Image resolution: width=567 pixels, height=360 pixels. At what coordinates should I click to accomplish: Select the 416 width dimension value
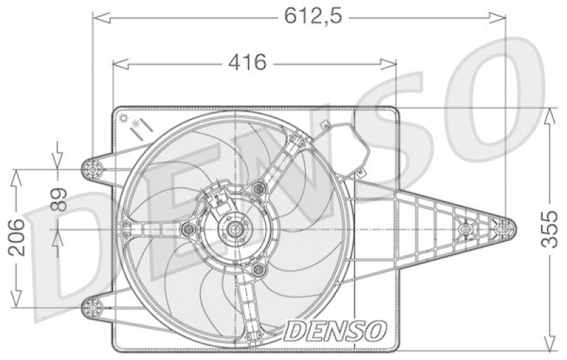(x=246, y=63)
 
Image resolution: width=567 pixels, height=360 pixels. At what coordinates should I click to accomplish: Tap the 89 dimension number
(x=59, y=201)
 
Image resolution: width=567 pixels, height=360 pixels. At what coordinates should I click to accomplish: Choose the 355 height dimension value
(x=549, y=229)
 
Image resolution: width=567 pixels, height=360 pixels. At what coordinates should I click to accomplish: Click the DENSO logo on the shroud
(x=336, y=329)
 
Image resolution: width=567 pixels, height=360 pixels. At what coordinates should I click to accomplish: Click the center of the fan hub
(x=232, y=230)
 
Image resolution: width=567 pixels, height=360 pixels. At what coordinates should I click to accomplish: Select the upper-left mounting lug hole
(x=92, y=168)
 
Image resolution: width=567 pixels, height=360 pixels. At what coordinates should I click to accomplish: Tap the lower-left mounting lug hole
(x=92, y=307)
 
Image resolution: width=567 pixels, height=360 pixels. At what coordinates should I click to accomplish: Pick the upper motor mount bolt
(x=259, y=188)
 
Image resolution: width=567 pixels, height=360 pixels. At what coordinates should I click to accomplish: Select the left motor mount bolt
(x=188, y=230)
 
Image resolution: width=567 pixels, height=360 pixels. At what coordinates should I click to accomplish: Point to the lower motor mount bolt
(x=258, y=271)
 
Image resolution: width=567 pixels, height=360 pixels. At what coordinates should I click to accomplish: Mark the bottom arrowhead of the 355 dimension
(x=550, y=347)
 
